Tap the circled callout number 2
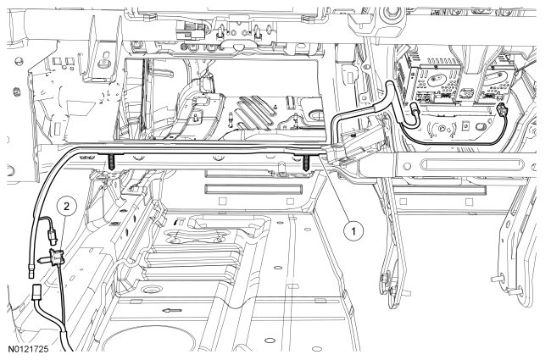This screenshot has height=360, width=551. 64,203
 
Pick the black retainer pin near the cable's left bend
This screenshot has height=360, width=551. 110,160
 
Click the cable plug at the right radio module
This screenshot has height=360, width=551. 502,111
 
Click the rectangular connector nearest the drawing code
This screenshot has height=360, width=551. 38,296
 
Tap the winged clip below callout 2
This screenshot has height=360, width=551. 57,253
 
